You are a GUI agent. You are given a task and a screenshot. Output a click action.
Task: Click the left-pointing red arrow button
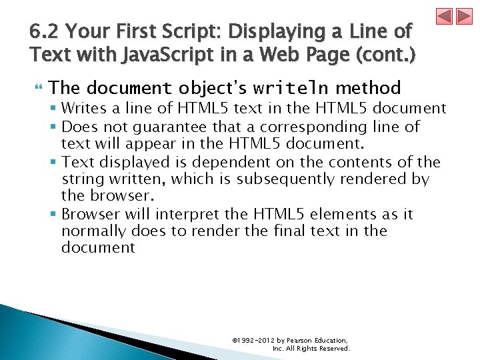tap(445, 17)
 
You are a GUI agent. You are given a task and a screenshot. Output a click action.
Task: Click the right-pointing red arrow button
tap(464, 17)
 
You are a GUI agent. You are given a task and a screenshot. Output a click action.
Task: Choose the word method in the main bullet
tap(368, 88)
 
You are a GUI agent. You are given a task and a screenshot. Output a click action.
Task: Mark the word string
tap(81, 179)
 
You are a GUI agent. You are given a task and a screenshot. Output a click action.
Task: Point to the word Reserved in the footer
tap(333, 349)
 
